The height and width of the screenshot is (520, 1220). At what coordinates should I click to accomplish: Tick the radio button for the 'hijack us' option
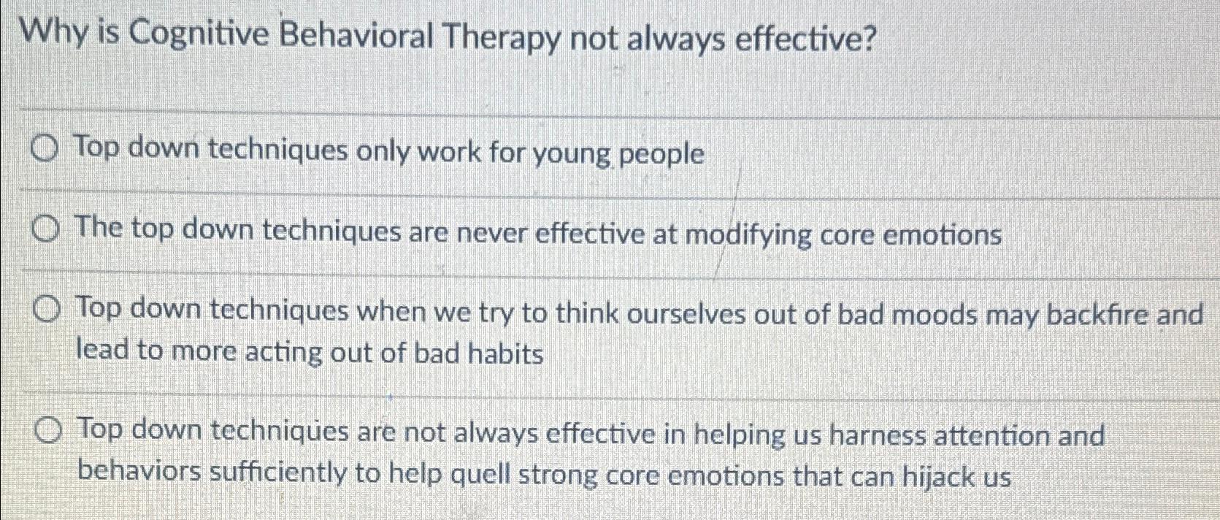click(48, 432)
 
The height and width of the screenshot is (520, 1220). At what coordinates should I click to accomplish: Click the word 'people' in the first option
click(661, 155)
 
